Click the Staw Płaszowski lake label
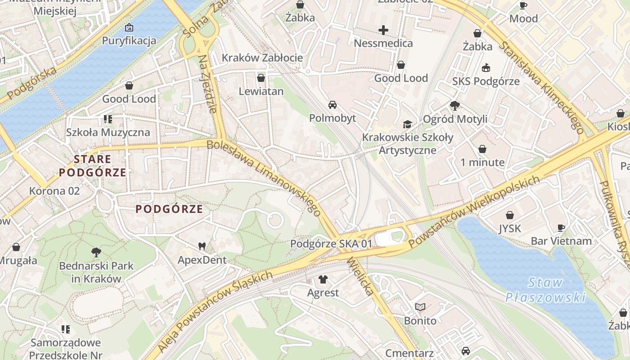tap(545, 290)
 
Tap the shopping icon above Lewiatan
tap(261, 78)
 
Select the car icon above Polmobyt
tap(333, 105)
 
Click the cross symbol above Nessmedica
tap(383, 30)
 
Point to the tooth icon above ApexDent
tap(202, 246)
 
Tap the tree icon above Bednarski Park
tap(96, 252)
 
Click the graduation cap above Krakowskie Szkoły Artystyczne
tap(407, 124)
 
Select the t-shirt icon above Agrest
tap(323, 279)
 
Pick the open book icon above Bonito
tap(420, 307)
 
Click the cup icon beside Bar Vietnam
tap(561, 227)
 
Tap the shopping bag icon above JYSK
tap(510, 215)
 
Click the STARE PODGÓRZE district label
tap(92, 166)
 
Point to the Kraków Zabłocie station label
tap(262, 58)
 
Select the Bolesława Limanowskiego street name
tap(264, 178)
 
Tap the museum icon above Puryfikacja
tap(129, 27)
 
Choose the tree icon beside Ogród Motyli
tap(454, 106)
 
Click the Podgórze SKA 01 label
tap(331, 243)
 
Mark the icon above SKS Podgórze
tap(486, 68)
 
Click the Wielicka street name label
tap(360, 276)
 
